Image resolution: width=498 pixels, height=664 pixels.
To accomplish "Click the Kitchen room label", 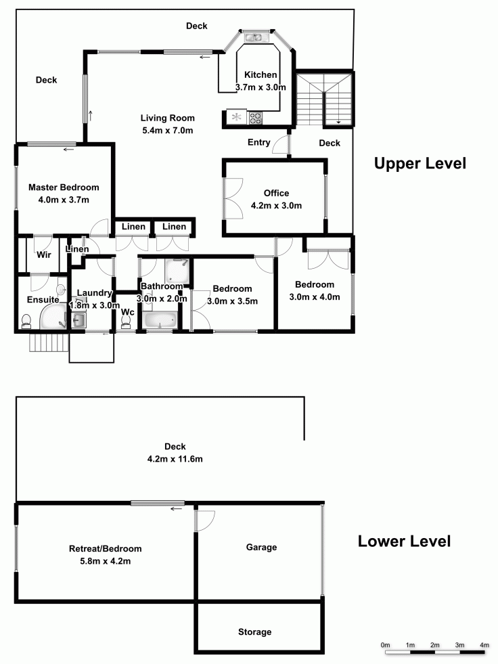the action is click(x=261, y=75).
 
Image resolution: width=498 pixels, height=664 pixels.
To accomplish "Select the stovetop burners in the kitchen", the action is click(x=255, y=118).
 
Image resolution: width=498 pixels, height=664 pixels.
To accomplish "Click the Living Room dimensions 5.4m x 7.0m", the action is click(x=168, y=131).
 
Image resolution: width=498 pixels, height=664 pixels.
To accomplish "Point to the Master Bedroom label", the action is click(x=64, y=187).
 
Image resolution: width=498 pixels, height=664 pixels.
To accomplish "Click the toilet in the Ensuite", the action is click(x=26, y=322).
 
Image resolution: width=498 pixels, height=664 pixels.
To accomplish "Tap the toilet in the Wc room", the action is click(x=126, y=323).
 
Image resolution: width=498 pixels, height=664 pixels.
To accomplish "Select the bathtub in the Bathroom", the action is click(x=160, y=319).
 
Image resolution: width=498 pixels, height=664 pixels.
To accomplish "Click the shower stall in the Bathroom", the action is click(x=177, y=271).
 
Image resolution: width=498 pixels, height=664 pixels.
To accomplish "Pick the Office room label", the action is click(x=276, y=193).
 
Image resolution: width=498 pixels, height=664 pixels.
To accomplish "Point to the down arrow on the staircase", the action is click(x=339, y=121).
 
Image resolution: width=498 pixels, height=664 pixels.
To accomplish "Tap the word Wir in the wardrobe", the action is click(x=44, y=254).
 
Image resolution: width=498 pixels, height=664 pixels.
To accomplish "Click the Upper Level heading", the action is click(x=420, y=163).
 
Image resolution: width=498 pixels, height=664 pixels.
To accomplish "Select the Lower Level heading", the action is click(x=405, y=541).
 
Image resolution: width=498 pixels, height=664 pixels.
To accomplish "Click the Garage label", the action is click(x=261, y=547).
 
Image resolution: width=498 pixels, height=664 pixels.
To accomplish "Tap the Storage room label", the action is click(x=254, y=632).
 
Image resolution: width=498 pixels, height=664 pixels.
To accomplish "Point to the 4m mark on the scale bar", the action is click(x=484, y=645).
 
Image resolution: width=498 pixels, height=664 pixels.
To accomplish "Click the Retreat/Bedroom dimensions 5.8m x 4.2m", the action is click(x=106, y=561).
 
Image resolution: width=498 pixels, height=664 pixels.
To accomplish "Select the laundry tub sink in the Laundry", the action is click(x=78, y=320).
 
